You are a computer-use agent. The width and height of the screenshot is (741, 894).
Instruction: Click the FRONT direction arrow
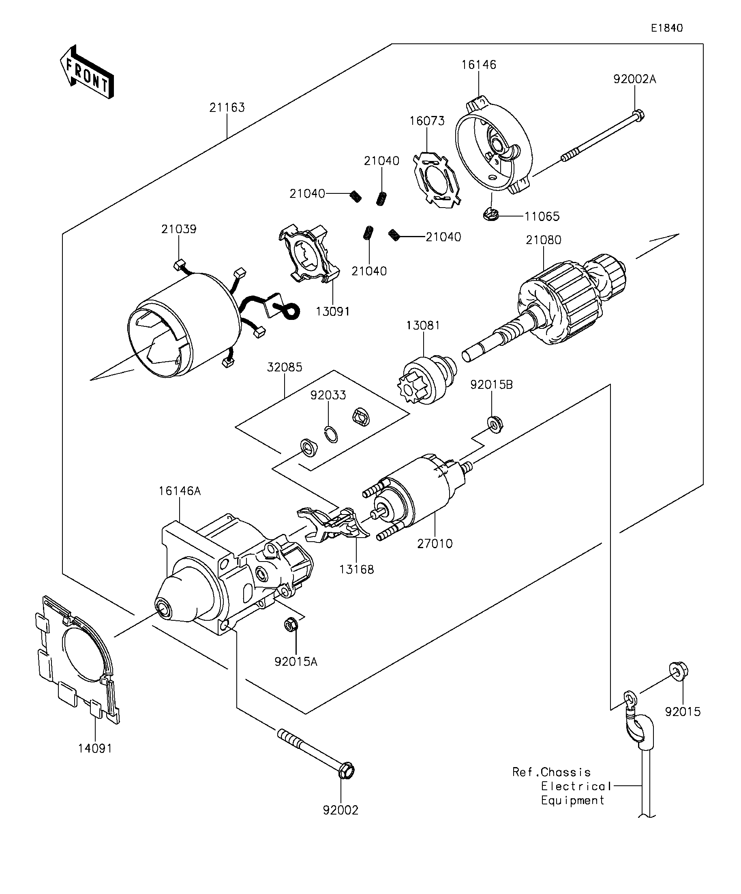(86, 72)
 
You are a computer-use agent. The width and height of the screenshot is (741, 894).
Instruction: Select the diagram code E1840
(667, 28)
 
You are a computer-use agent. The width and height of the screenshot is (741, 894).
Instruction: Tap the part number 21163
(227, 108)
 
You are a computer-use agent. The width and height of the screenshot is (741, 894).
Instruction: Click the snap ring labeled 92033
(332, 435)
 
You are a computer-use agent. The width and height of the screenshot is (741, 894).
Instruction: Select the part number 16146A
(180, 491)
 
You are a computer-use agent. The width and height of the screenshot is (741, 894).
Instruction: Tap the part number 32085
(284, 367)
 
